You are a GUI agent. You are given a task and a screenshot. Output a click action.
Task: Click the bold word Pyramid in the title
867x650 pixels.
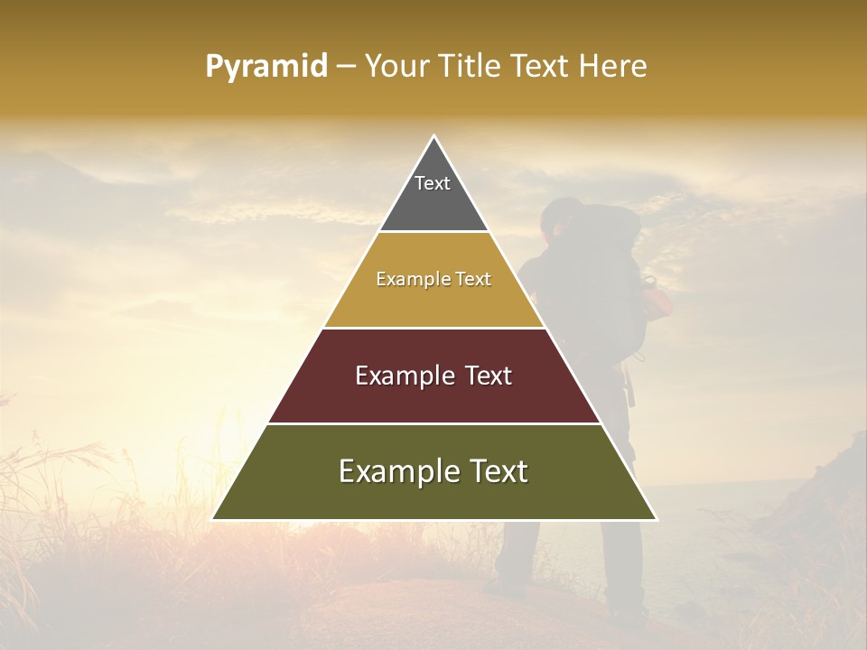click(x=266, y=67)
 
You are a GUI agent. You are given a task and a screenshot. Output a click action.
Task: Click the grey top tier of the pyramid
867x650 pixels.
click(x=433, y=203)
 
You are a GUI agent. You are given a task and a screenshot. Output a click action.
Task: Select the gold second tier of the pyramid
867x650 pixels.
click(x=433, y=302)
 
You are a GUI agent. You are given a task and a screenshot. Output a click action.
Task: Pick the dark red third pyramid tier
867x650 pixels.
click(x=433, y=397)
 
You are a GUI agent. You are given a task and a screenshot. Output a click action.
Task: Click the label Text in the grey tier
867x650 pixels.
click(x=433, y=183)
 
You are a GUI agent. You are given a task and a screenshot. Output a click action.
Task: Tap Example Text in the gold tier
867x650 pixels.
click(x=433, y=279)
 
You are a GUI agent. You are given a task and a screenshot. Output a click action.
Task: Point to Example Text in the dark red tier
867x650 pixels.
click(x=433, y=376)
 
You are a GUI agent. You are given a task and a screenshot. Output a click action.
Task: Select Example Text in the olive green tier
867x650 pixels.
click(x=433, y=471)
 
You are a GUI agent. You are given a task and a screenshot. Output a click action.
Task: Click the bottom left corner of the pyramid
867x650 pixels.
click(x=214, y=518)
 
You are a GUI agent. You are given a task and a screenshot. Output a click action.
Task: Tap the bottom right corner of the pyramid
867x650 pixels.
click(x=655, y=518)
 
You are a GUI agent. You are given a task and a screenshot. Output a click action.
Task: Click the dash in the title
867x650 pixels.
click(x=346, y=67)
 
